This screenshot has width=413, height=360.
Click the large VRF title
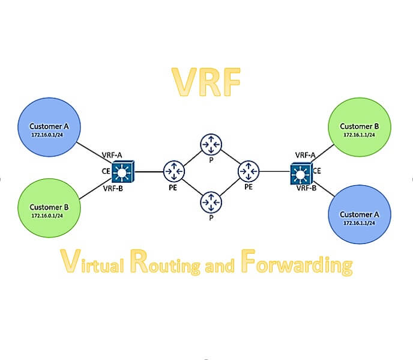pos(206,82)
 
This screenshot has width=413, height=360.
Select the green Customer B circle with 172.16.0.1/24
pos(50,210)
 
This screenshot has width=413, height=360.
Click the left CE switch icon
pos(124,173)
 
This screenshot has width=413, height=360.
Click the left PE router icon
pos(174,172)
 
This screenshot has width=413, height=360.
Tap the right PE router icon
pos(248,172)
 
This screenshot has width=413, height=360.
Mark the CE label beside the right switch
pos(316,171)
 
